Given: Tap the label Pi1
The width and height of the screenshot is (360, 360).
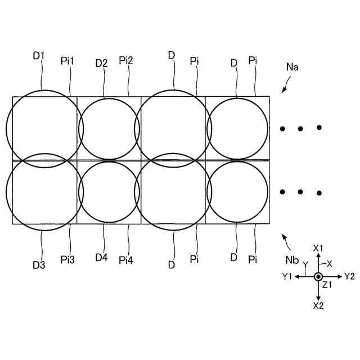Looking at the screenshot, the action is tap(67, 61).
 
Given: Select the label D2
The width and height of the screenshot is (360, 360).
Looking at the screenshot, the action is tap(101, 63).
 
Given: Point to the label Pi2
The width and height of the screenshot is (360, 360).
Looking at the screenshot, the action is tap(126, 60).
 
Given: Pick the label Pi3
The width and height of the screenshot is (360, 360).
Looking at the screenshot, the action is tap(67, 260).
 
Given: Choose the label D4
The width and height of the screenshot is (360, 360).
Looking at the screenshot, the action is tap(101, 258).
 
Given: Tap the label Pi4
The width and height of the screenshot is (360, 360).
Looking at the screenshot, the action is tap(126, 260).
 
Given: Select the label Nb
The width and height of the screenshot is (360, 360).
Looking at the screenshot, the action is tap(292, 260).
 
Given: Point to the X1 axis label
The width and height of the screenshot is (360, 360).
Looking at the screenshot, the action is tap(318, 248).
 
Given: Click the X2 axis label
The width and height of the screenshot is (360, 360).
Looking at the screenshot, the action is tap(318, 305).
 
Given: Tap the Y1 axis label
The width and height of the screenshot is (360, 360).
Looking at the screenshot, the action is tap(287, 276).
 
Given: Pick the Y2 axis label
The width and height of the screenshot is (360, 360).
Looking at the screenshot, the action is tap(349, 276).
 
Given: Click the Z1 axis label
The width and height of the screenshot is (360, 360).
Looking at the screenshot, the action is tap(327, 285).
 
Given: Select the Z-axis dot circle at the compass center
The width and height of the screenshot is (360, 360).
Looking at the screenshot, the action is tap(318, 277).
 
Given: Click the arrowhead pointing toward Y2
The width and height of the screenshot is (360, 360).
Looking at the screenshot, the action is tap(339, 277).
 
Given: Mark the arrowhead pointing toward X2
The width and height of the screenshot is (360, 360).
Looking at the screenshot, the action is tap(318, 296).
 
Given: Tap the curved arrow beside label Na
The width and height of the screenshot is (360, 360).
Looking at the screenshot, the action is tap(285, 85).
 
